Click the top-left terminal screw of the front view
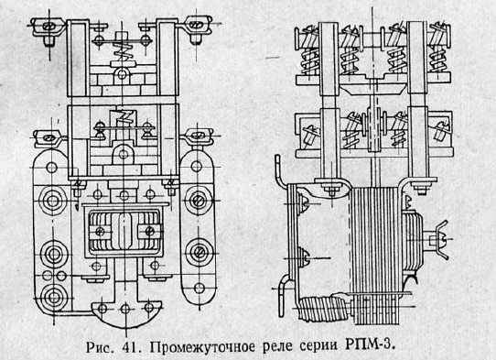(x=43, y=27)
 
